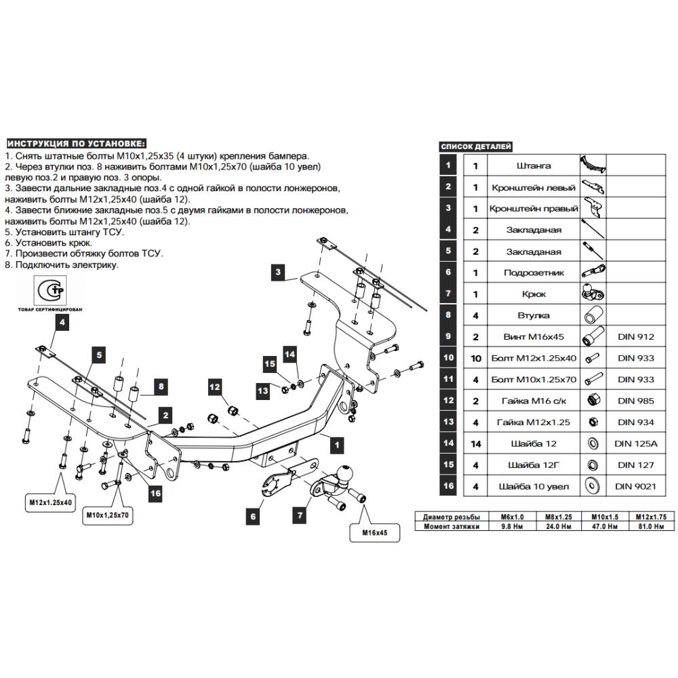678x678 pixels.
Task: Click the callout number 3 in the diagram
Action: click(x=278, y=272)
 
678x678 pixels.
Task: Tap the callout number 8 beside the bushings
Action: click(x=161, y=386)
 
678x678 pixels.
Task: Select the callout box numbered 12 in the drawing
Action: click(x=214, y=387)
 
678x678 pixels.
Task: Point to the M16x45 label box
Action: click(x=374, y=533)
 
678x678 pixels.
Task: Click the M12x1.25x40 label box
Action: click(x=50, y=502)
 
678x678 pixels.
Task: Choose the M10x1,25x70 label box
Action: click(x=107, y=515)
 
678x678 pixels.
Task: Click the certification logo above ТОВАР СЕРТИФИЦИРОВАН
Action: click(x=51, y=290)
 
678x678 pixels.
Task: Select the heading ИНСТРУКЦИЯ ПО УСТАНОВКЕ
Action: click(x=76, y=144)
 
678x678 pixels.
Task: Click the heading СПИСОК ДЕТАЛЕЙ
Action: click(x=476, y=146)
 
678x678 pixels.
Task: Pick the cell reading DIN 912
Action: click(x=636, y=337)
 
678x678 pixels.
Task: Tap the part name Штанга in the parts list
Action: click(x=534, y=165)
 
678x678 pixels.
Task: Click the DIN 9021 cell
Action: click(x=636, y=486)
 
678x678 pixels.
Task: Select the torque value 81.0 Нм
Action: click(x=651, y=526)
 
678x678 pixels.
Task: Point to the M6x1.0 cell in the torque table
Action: click(x=512, y=517)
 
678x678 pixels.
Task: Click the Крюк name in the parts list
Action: click(x=534, y=294)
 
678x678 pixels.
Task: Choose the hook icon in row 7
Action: click(x=593, y=293)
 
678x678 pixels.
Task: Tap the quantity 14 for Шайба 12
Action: click(x=476, y=443)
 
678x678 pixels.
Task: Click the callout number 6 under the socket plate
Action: click(x=253, y=516)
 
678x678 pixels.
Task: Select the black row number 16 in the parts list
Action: click(x=448, y=485)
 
